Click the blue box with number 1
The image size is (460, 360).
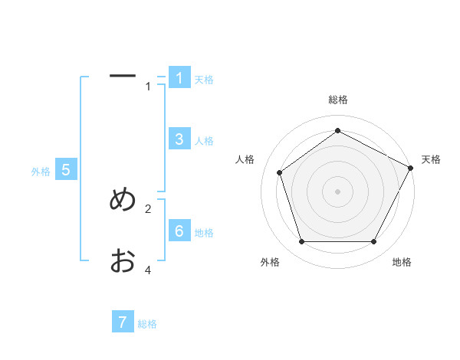pyautogui.click(x=179, y=77)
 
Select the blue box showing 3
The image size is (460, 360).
pyautogui.click(x=179, y=139)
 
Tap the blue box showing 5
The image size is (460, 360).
pyautogui.click(x=66, y=170)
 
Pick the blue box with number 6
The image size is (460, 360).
pyautogui.click(x=179, y=231)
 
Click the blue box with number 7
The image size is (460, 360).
pyautogui.click(x=123, y=322)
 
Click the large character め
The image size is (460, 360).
pyautogui.click(x=123, y=200)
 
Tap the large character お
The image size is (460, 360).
pyautogui.click(x=123, y=261)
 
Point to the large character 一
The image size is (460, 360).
pyautogui.click(x=123, y=77)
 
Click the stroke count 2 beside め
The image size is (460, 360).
pyautogui.click(x=149, y=208)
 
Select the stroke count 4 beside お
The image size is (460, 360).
pyautogui.click(x=149, y=270)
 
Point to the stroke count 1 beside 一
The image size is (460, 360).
pyautogui.click(x=149, y=87)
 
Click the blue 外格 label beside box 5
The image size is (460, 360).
pyautogui.click(x=41, y=172)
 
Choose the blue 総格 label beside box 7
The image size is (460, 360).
pyautogui.click(x=147, y=324)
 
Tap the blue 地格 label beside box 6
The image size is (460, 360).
pyautogui.click(x=204, y=233)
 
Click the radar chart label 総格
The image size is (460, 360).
pyautogui.click(x=337, y=100)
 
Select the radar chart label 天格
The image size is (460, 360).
pyautogui.click(x=431, y=159)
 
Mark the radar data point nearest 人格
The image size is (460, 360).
pyautogui.click(x=280, y=172)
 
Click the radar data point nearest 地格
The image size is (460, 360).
pyautogui.click(x=374, y=241)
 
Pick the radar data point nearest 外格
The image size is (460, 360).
pyautogui.click(x=301, y=241)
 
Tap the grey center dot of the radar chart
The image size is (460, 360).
pyautogui.click(x=337, y=191)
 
